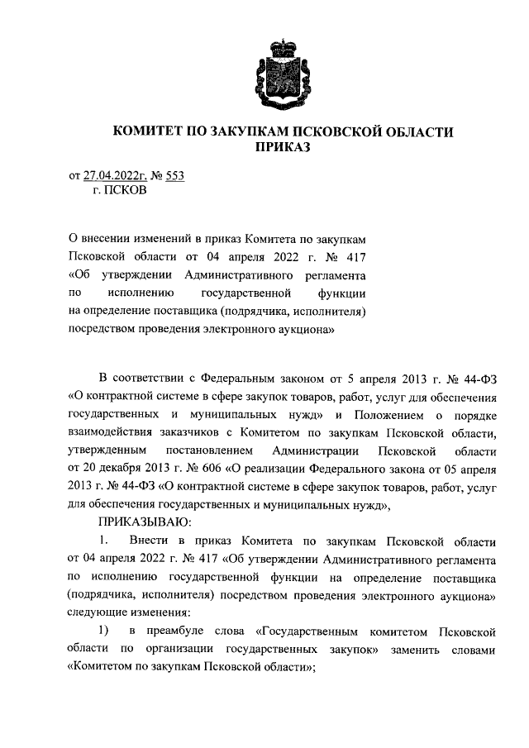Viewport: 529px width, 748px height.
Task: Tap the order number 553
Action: pyautogui.click(x=174, y=175)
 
